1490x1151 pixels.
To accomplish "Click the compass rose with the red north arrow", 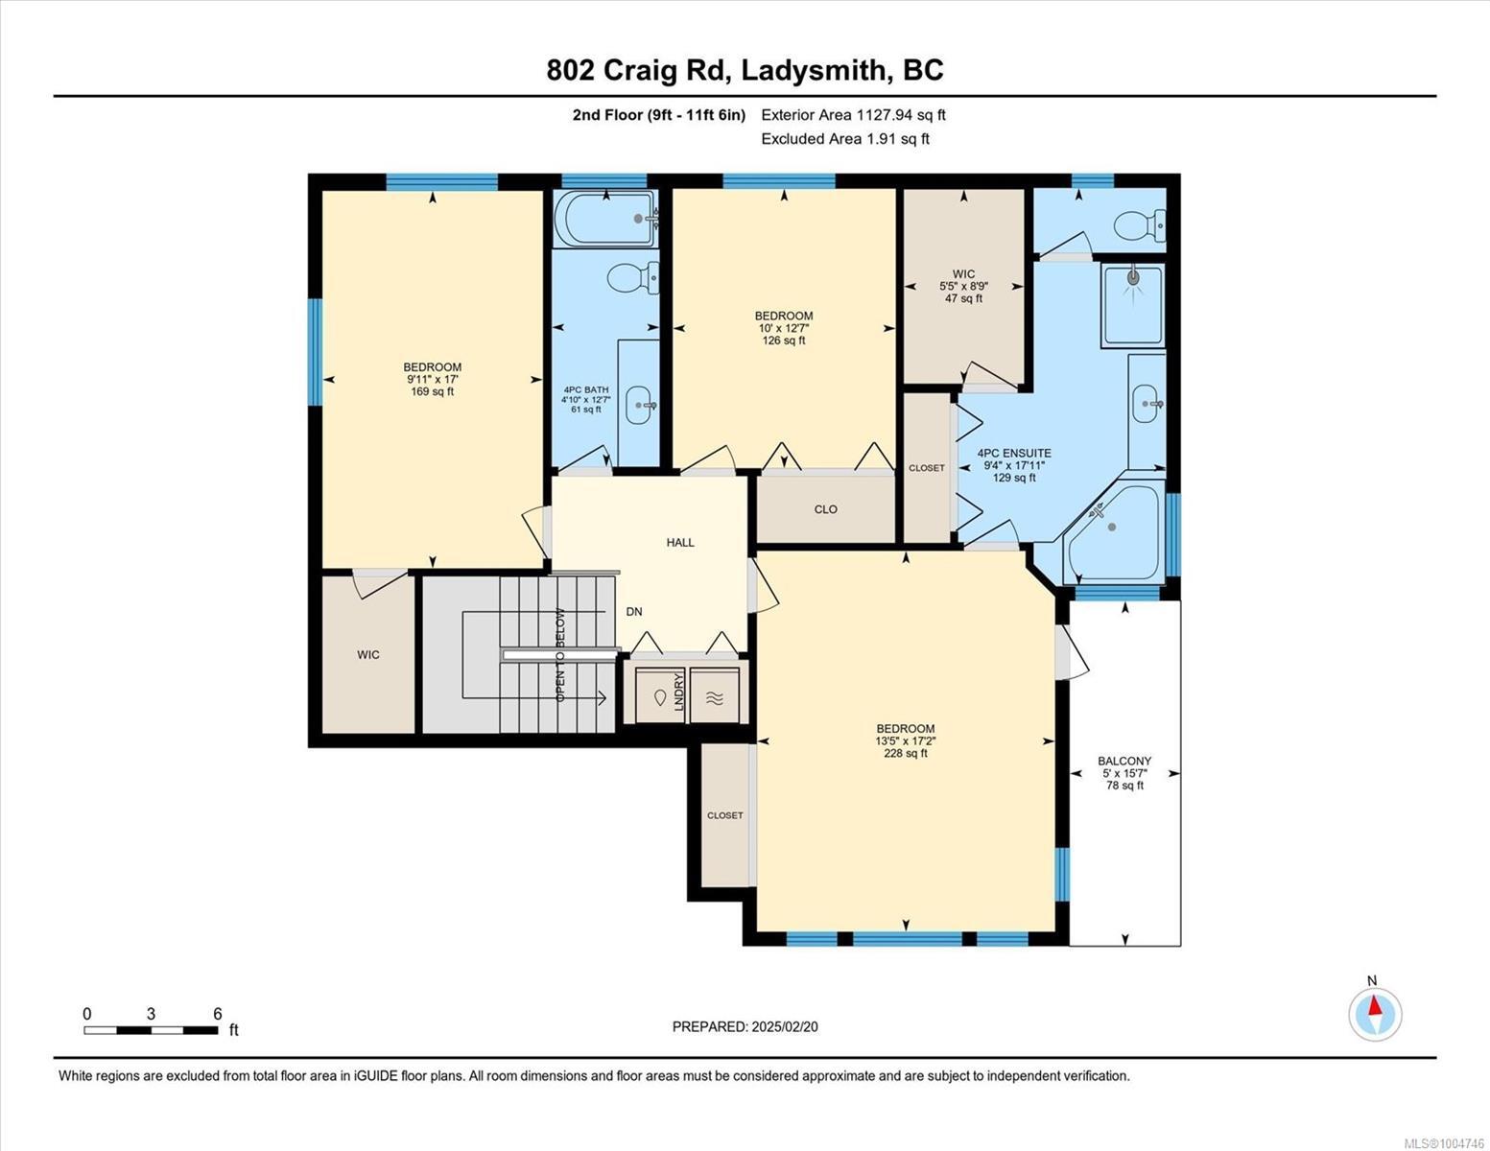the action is pyautogui.click(x=1375, y=1015).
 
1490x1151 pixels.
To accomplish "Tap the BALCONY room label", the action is pyautogui.click(x=1124, y=761).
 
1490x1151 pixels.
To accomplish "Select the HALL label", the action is pyautogui.click(x=680, y=542).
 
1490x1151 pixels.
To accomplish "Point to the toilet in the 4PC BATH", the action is pyautogui.click(x=633, y=277).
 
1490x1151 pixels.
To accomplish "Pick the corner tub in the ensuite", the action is pyautogui.click(x=1114, y=531).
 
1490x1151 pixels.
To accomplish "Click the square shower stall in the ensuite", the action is pyautogui.click(x=1133, y=304).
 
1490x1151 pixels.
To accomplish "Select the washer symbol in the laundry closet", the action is pyautogui.click(x=660, y=697).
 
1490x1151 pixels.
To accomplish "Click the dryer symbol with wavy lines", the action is pyautogui.click(x=715, y=697).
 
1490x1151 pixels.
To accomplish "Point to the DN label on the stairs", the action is pyautogui.click(x=634, y=612).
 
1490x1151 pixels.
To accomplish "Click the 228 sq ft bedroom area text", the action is pyautogui.click(x=905, y=753).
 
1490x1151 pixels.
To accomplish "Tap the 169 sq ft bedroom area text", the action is pyautogui.click(x=432, y=391).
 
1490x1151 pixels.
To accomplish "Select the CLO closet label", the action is pyautogui.click(x=825, y=509).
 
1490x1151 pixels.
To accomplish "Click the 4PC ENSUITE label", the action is pyautogui.click(x=1014, y=453).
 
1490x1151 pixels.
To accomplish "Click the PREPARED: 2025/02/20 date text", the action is pyautogui.click(x=745, y=1027).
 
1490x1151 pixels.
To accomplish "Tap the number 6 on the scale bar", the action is pyautogui.click(x=218, y=1014).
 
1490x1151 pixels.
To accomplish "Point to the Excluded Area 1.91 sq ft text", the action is pyautogui.click(x=844, y=139).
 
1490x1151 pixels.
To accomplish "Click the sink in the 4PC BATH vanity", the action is pyautogui.click(x=640, y=405).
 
